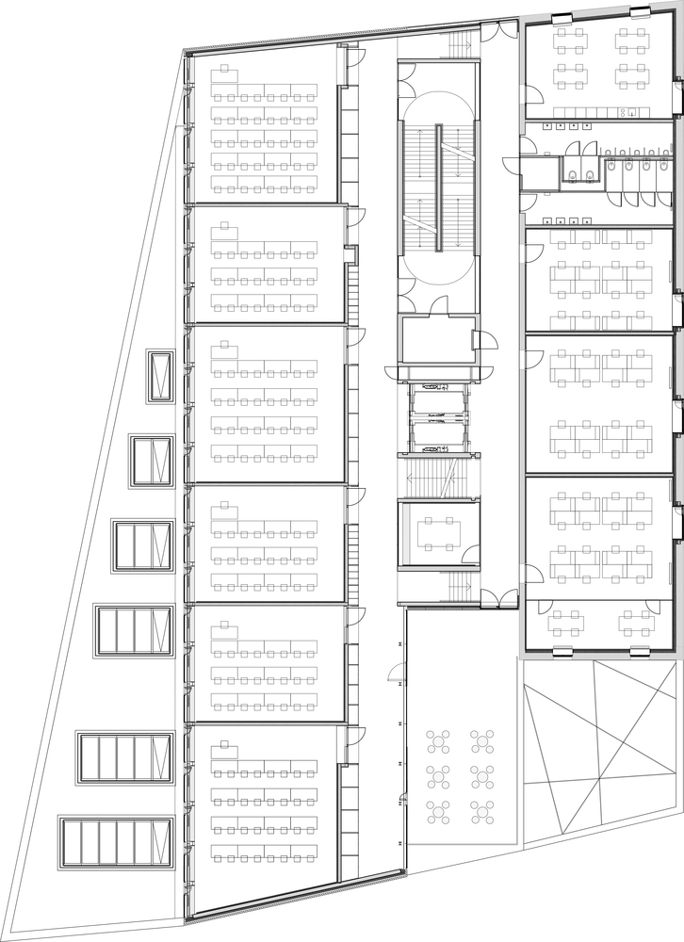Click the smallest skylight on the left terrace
[x=160, y=376]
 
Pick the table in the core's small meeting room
[x=438, y=533]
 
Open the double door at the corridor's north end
[x=498, y=34]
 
